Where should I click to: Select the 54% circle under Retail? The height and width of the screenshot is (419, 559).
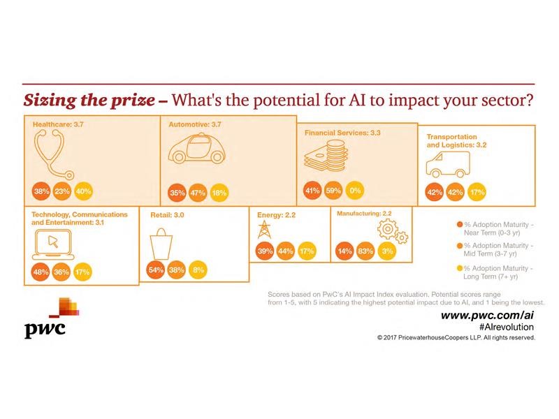click(x=156, y=270)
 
